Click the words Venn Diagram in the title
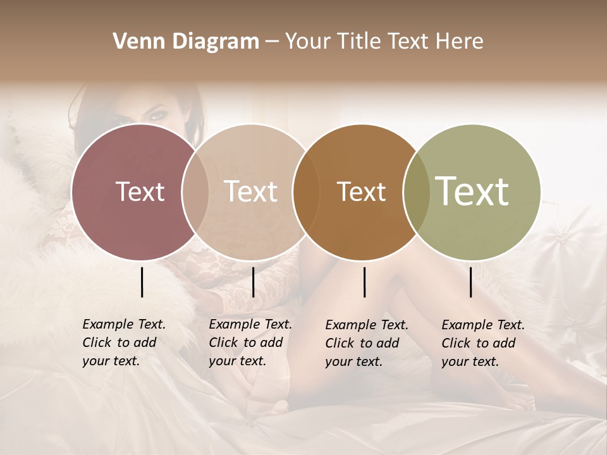[x=186, y=42]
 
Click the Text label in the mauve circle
[x=140, y=191]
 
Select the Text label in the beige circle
[x=250, y=191]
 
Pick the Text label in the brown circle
[x=361, y=191]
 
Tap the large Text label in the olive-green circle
[x=472, y=191]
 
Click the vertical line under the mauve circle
[x=142, y=282]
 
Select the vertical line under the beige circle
[x=253, y=282]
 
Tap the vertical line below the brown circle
[x=365, y=282]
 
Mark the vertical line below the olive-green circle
[x=471, y=282]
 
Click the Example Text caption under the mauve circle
[x=123, y=343]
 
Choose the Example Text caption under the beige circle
[x=250, y=343]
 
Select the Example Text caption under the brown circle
[x=366, y=343]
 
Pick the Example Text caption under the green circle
[x=482, y=343]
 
